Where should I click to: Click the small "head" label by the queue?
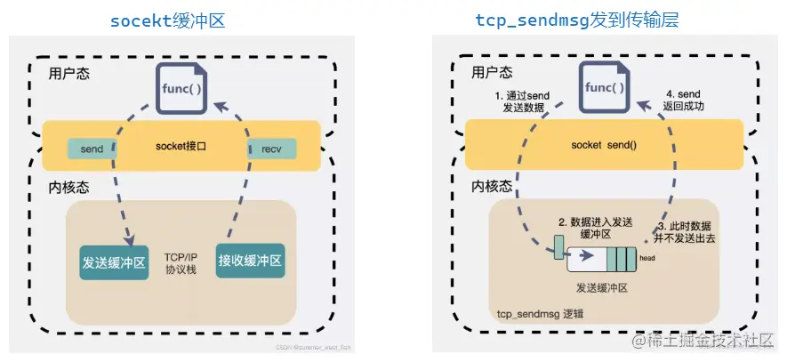pyautogui.click(x=646, y=259)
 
